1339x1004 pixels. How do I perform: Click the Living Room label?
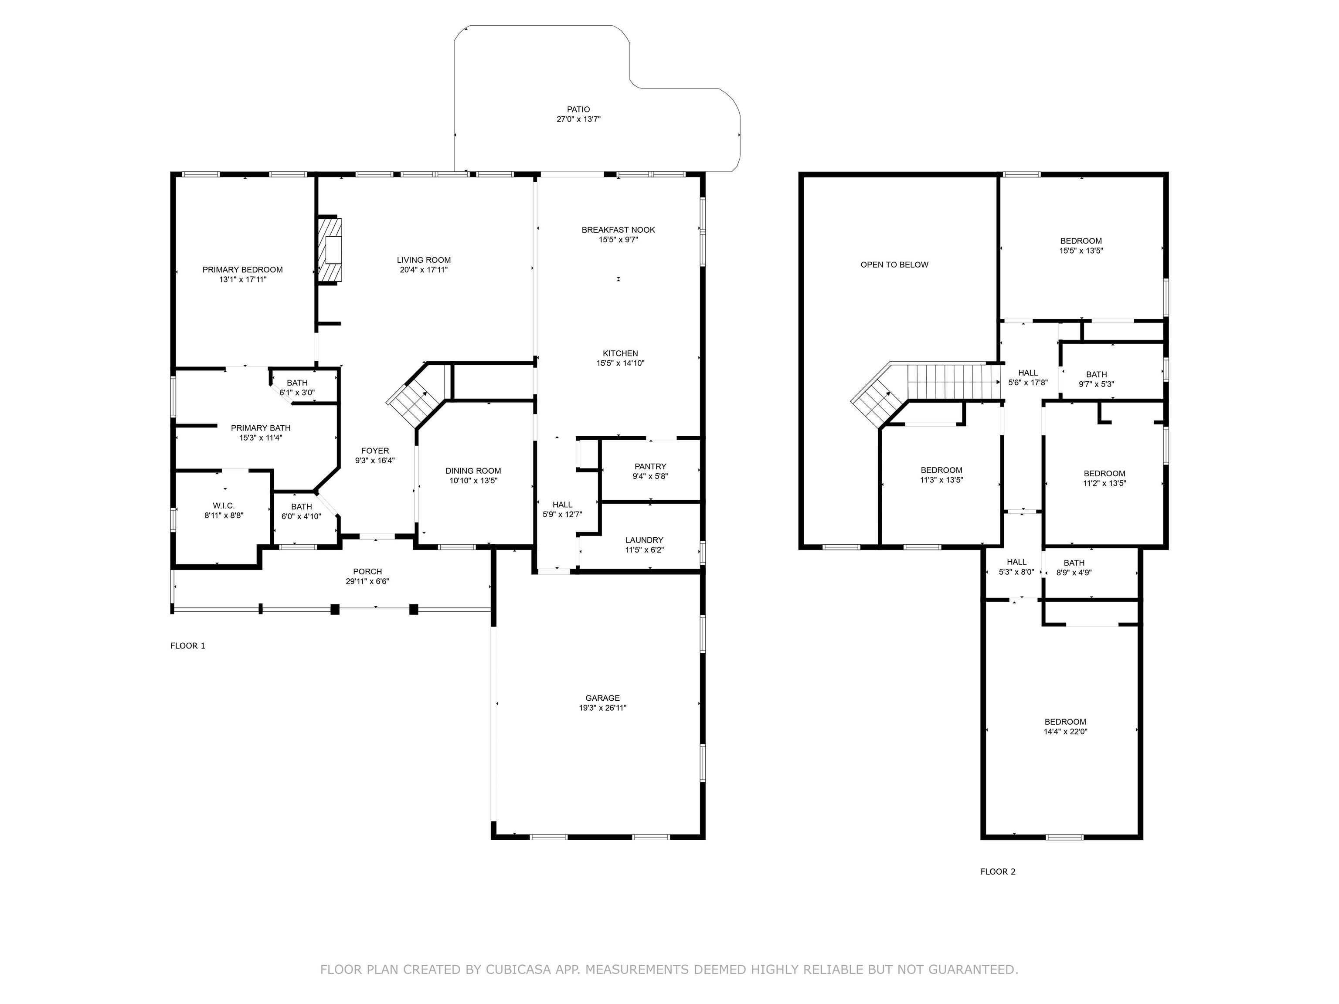pyautogui.click(x=424, y=260)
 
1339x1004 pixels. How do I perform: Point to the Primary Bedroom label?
pyautogui.click(x=243, y=270)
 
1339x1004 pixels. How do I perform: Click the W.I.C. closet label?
pyautogui.click(x=224, y=506)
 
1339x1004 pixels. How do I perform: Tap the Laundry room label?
pyautogui.click(x=645, y=540)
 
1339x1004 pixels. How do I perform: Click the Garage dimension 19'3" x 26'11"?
pyautogui.click(x=602, y=707)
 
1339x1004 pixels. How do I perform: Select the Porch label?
pyautogui.click(x=367, y=572)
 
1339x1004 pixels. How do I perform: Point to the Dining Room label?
pyautogui.click(x=473, y=471)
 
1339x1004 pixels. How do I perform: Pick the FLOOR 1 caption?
pyautogui.click(x=188, y=646)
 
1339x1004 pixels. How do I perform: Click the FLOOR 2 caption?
pyautogui.click(x=998, y=872)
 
